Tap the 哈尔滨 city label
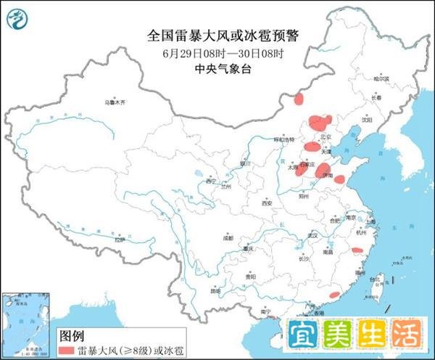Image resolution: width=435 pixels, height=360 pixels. coord(381,78)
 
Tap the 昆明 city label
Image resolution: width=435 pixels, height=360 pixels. coord(215,291)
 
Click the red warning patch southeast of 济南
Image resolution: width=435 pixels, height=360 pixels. coord(339,179)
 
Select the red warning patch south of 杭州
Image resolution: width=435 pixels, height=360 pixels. coord(357,250)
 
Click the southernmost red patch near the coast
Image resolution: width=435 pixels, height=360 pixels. coord(334,295)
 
